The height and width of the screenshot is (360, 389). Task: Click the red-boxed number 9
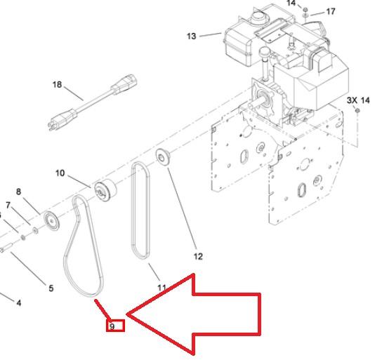[112, 326]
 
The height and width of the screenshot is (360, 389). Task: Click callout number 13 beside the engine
[191, 36]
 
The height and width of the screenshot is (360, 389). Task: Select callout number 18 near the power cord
[57, 84]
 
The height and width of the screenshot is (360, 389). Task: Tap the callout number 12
[198, 256]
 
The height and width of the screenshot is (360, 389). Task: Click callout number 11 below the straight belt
[161, 288]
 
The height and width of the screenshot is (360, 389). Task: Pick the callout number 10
[60, 173]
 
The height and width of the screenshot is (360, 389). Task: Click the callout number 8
[18, 192]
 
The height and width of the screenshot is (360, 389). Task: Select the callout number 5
[51, 288]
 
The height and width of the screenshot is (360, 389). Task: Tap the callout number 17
[331, 11]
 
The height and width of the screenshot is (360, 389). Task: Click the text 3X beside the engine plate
[352, 100]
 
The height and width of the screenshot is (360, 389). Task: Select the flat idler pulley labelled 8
[51, 221]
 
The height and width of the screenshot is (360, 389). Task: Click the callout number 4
[18, 302]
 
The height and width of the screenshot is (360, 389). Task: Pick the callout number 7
[8, 206]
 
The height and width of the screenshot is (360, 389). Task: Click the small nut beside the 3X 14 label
[357, 110]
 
